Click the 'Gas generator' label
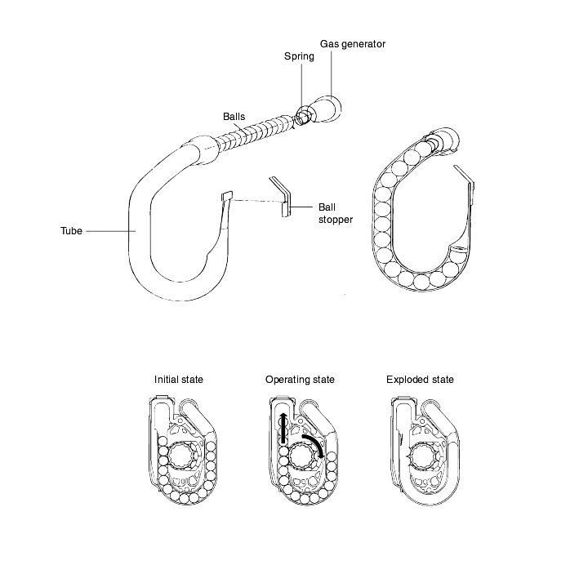click(x=353, y=44)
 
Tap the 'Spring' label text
click(x=299, y=56)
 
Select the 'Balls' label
click(x=234, y=117)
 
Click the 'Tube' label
click(x=71, y=231)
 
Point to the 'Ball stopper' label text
click(x=336, y=213)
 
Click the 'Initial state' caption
click(x=179, y=380)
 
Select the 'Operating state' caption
click(x=300, y=380)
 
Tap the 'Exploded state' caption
click(x=420, y=380)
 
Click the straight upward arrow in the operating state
click(x=283, y=428)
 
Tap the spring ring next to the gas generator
click(x=303, y=115)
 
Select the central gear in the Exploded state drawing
click(x=424, y=456)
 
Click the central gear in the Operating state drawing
click(x=302, y=456)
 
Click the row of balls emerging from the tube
click(x=255, y=132)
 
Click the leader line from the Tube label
click(x=110, y=231)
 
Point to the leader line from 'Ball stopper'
click(x=301, y=207)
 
